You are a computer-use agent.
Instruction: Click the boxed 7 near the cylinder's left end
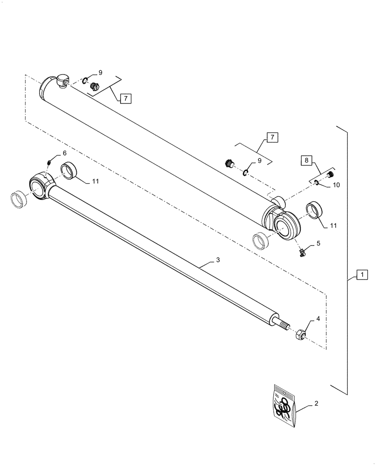pyautogui.click(x=125, y=98)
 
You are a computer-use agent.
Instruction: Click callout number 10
pyautogui.click(x=336, y=185)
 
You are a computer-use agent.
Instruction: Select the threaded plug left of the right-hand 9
pyautogui.click(x=229, y=164)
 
